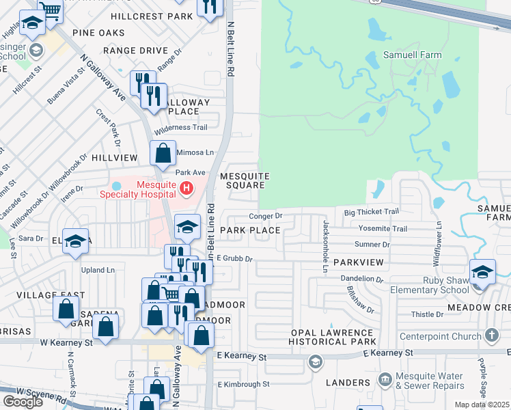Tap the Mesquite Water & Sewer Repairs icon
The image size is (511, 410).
[385, 379]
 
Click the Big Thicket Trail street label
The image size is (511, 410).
[371, 213]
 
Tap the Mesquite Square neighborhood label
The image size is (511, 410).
[244, 180]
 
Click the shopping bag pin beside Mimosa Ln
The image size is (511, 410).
[163, 155]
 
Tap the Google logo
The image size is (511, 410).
[23, 402]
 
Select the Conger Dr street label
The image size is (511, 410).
[266, 216]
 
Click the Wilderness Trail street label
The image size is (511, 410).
[181, 128]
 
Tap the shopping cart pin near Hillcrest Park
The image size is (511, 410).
[50, 10]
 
